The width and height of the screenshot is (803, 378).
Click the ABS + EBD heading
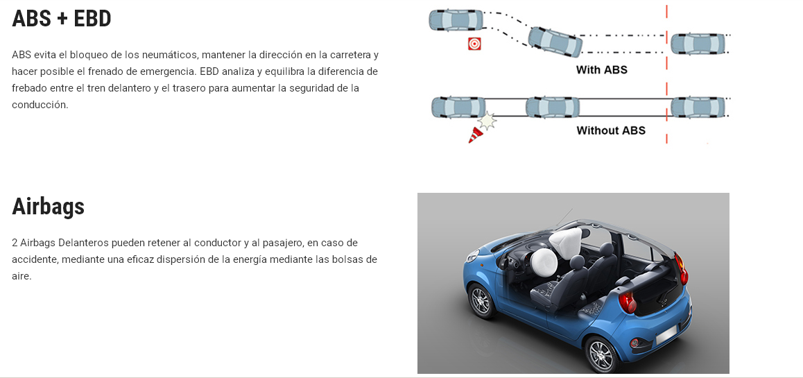62,19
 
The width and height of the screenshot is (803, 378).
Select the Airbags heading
48,207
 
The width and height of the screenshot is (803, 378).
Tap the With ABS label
601,69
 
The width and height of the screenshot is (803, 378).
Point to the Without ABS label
610,130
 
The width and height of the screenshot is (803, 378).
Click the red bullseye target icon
474,44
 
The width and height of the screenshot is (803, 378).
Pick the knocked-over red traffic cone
475,135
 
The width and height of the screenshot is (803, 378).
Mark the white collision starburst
487,121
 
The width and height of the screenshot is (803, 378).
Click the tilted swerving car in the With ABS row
555,42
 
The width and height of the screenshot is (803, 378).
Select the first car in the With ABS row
456,21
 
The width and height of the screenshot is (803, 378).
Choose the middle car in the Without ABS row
553,108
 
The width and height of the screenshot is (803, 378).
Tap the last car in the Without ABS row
698,108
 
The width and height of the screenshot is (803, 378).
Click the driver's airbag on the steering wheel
544,262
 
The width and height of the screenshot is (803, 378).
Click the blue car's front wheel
481,300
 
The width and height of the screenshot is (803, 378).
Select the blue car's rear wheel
602,354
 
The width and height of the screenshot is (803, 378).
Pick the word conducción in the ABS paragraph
40,105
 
